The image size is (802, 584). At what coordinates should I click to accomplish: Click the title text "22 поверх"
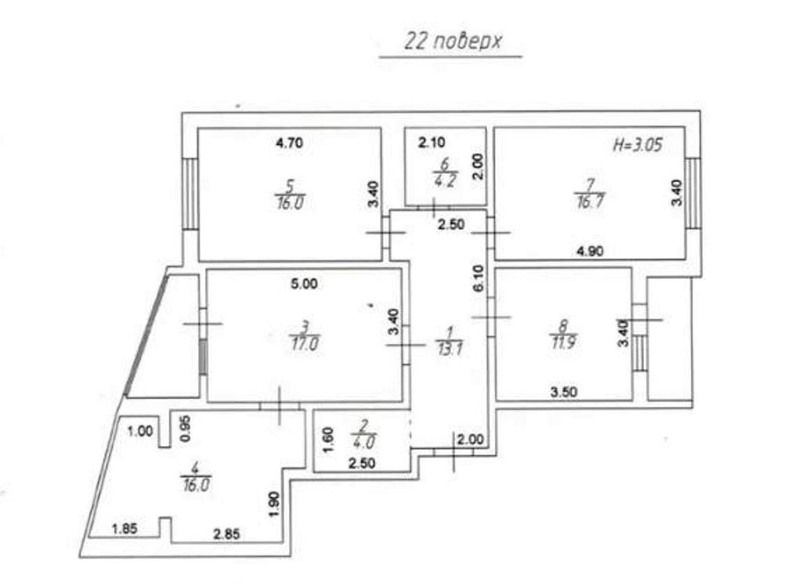(x=453, y=42)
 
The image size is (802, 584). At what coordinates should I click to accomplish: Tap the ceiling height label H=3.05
(x=638, y=145)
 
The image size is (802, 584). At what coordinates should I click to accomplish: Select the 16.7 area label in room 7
(x=589, y=201)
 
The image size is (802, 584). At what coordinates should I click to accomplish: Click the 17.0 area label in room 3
(x=304, y=343)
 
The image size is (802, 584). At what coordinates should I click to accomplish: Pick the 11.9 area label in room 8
(x=563, y=342)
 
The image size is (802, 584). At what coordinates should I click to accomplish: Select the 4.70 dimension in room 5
(x=289, y=143)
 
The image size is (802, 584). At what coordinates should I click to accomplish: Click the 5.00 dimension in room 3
(x=304, y=284)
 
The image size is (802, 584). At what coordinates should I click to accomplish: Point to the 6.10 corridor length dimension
(x=479, y=278)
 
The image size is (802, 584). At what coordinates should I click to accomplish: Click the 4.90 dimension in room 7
(x=590, y=252)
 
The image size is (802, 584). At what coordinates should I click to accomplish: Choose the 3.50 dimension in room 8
(x=563, y=392)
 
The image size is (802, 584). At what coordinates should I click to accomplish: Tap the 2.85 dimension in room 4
(x=226, y=535)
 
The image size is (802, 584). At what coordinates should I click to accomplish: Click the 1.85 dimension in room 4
(x=125, y=528)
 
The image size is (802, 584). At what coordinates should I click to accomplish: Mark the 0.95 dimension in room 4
(x=186, y=429)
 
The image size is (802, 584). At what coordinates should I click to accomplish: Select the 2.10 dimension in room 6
(x=432, y=143)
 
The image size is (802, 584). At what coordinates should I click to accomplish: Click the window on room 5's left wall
(x=190, y=193)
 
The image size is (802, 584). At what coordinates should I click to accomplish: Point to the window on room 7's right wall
(x=693, y=193)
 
